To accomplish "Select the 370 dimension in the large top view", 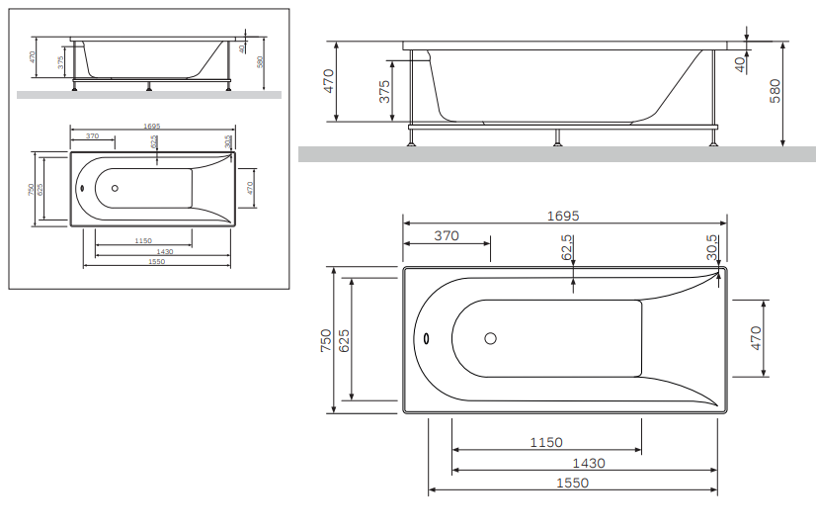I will [x=447, y=235].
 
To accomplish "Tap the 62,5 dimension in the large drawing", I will [x=567, y=246].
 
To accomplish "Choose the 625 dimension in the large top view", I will [x=344, y=341].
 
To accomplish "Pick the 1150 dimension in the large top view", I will [x=545, y=442].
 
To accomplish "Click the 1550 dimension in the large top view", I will [x=572, y=484].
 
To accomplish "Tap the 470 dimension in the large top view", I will [x=757, y=338].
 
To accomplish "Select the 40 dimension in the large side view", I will [x=740, y=62].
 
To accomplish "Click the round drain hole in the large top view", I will [x=491, y=338].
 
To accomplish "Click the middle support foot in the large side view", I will [x=558, y=137].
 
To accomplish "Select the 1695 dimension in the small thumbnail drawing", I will [x=151, y=127].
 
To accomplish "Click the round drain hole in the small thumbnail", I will [x=115, y=188].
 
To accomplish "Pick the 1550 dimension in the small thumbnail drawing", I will [x=156, y=261].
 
